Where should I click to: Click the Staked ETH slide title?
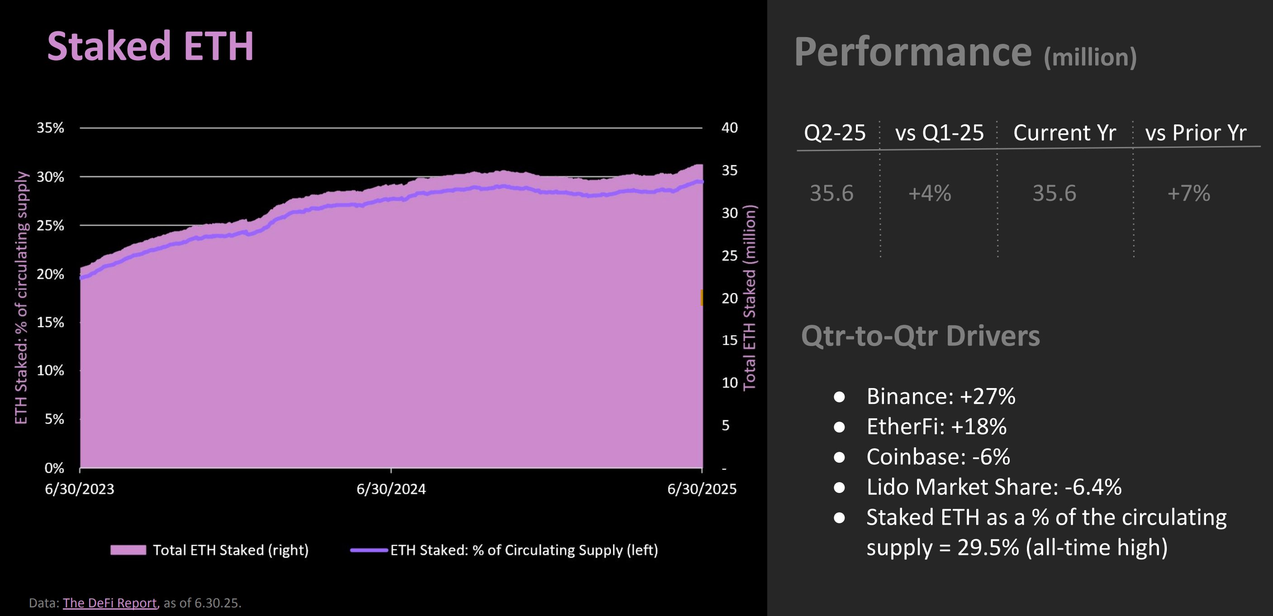(x=150, y=47)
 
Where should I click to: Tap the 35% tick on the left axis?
(x=50, y=128)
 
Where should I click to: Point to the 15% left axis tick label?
(x=50, y=322)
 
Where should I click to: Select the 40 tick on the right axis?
(x=729, y=128)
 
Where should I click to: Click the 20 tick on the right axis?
(x=729, y=298)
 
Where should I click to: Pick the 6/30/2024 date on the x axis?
(x=391, y=489)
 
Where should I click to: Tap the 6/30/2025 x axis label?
(x=702, y=489)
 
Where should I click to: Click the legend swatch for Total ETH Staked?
(x=128, y=550)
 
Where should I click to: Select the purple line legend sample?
(x=369, y=550)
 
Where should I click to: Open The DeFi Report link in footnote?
(x=110, y=603)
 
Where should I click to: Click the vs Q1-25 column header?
(x=940, y=133)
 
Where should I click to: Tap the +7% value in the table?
(x=1188, y=193)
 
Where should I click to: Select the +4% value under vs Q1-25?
(x=930, y=193)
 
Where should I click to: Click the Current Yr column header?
(x=1064, y=133)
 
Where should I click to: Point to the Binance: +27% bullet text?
(x=940, y=397)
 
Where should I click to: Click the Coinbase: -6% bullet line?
(x=938, y=457)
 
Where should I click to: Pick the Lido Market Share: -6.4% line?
(x=994, y=487)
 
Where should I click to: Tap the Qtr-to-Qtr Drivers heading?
(x=920, y=336)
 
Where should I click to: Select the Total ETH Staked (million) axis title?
(x=750, y=298)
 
